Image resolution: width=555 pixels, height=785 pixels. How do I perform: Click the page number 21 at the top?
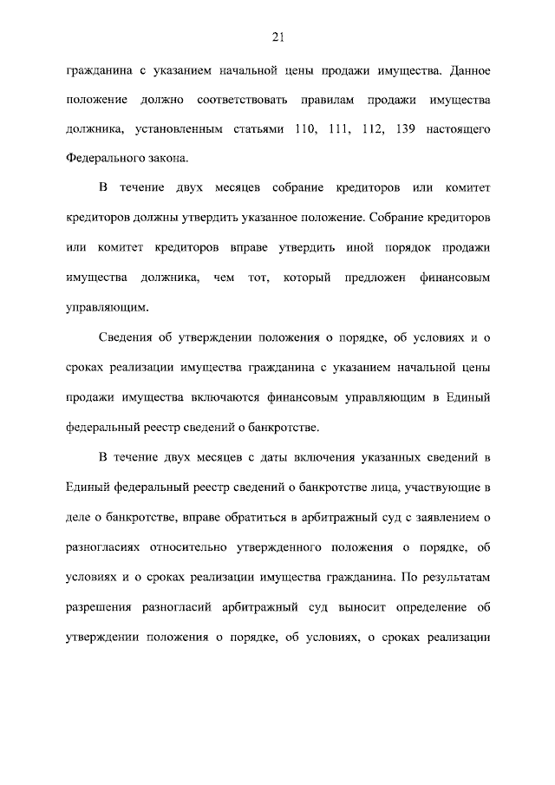277,36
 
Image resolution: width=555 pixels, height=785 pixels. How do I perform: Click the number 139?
403,129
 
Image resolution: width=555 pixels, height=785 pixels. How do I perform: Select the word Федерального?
108,160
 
